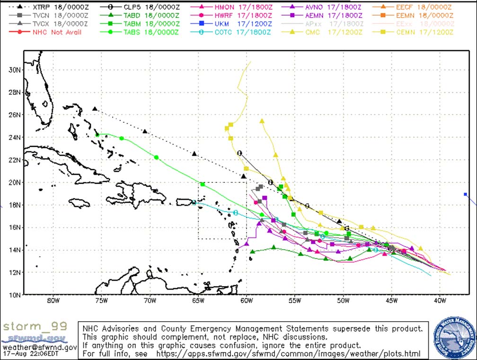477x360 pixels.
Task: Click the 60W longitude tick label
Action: (246, 301)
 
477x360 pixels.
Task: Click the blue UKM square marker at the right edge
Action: (466, 194)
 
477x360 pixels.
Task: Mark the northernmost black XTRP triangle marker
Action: (95, 109)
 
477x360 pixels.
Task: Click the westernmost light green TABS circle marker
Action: (97, 135)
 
